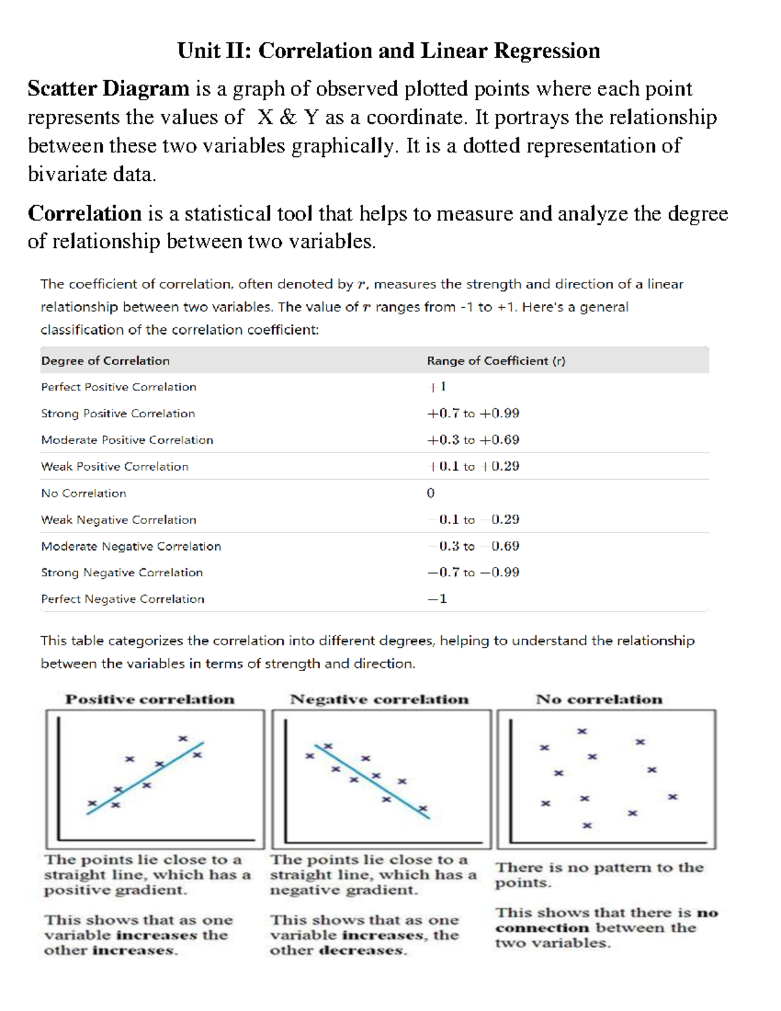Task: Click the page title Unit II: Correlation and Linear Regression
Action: click(x=389, y=51)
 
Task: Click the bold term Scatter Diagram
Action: click(x=108, y=89)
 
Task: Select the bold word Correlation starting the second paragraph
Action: click(x=85, y=214)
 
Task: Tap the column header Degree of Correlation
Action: click(x=105, y=361)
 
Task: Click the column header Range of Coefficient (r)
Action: click(x=496, y=361)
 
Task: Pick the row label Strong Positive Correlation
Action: click(x=118, y=413)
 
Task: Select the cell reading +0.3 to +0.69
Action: click(x=473, y=440)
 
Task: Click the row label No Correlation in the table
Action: click(x=83, y=493)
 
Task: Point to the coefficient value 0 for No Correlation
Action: click(x=431, y=493)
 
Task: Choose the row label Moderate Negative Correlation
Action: click(x=131, y=546)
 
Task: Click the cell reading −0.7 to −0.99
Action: click(x=473, y=573)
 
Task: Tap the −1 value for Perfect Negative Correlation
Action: click(x=437, y=599)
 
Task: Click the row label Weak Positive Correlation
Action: click(x=115, y=467)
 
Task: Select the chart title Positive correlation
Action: click(x=150, y=699)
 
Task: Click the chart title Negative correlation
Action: click(x=379, y=699)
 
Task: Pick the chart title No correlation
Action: click(x=599, y=699)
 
